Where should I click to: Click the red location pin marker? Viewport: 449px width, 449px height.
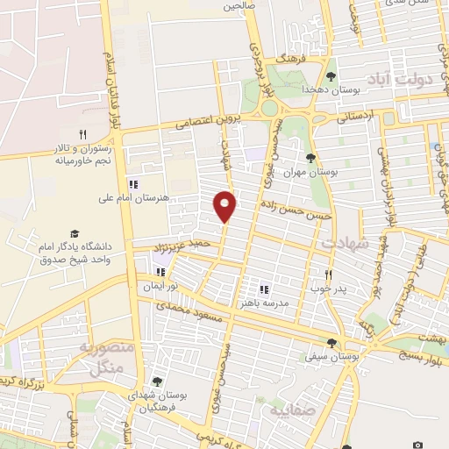[x=225, y=205]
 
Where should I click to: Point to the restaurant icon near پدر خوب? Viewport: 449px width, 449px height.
[x=329, y=274]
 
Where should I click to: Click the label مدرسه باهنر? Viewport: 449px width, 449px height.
[x=260, y=303]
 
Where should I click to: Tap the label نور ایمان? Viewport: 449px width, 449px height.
[x=161, y=287]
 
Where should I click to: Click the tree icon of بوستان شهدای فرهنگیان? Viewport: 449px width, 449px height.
[x=156, y=381]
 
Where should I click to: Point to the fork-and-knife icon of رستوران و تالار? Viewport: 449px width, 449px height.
[x=82, y=134]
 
